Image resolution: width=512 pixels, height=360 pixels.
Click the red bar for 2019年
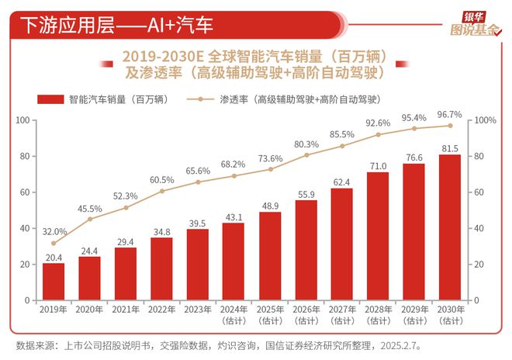pos(54,282)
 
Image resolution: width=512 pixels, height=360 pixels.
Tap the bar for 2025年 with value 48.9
pos(271,256)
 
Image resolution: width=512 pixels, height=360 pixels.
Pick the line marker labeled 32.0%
pos(54,243)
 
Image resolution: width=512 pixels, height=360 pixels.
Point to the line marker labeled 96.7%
pos(450,126)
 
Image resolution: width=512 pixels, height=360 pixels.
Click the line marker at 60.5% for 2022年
pos(162,191)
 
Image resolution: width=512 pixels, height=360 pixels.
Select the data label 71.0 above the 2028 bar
pos(378,165)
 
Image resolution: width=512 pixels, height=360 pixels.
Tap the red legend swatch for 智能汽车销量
pos(50,99)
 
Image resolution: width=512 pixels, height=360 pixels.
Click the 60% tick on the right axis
pos(483,192)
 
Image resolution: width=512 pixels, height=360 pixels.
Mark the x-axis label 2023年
pos(198,310)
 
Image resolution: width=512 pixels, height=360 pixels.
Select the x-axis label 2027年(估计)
pos(342,314)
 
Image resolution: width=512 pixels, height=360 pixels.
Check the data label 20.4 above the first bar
pos(54,258)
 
